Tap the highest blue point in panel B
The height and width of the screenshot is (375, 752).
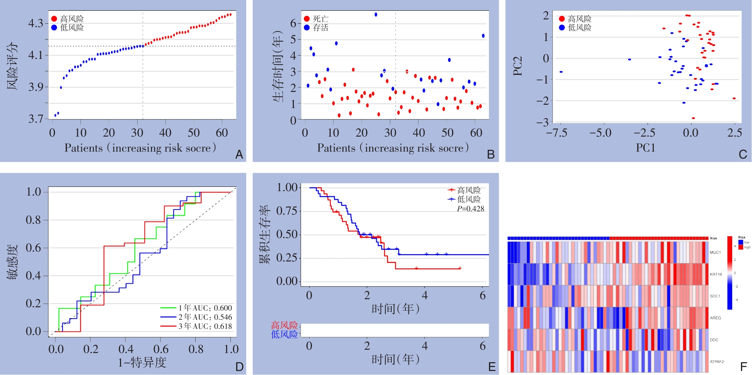[376, 15]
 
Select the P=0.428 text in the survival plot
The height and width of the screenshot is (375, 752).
[470, 209]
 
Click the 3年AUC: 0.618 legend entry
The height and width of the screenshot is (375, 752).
[205, 326]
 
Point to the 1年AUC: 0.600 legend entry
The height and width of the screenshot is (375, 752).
[205, 308]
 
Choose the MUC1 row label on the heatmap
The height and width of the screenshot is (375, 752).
[715, 252]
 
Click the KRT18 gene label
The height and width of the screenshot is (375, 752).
[716, 274]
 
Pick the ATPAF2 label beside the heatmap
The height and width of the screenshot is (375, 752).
[717, 361]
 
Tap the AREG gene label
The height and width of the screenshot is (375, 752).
[715, 318]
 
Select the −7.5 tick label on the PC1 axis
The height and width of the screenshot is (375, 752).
[556, 133]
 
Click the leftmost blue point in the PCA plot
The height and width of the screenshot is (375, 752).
[561, 72]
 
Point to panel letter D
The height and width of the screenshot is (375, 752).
[239, 367]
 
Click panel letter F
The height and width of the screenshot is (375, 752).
[743, 367]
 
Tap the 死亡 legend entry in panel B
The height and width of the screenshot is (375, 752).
[320, 19]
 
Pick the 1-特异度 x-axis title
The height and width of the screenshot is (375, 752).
[142, 363]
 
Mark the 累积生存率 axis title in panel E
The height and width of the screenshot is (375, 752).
[264, 234]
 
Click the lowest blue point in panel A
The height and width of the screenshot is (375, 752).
[55, 115]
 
